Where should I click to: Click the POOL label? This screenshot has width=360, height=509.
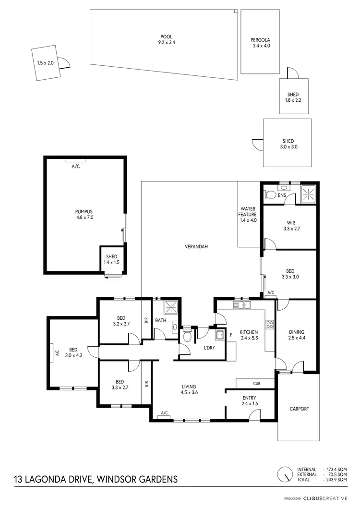pos(166,40)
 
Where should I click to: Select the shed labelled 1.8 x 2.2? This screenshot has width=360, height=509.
pos(293,97)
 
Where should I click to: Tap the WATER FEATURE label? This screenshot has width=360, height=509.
pos(249,214)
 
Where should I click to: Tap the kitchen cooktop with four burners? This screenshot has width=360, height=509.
pos(269,325)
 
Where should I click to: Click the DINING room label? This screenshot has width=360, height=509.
pos(296,335)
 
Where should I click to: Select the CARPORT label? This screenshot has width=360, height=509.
pos(299,409)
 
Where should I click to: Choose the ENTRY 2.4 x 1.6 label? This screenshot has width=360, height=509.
pos(249,401)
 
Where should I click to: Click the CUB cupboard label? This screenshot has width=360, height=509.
pos(256,383)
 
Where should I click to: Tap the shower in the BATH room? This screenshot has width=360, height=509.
pos(170,307)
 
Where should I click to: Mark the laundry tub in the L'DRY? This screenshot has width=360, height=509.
pos(220,335)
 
